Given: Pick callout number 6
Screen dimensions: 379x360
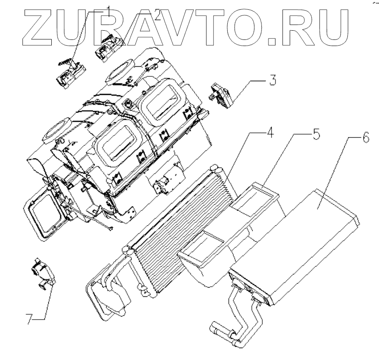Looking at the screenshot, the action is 364,139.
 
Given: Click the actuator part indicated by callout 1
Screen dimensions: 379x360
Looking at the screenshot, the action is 71,74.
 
